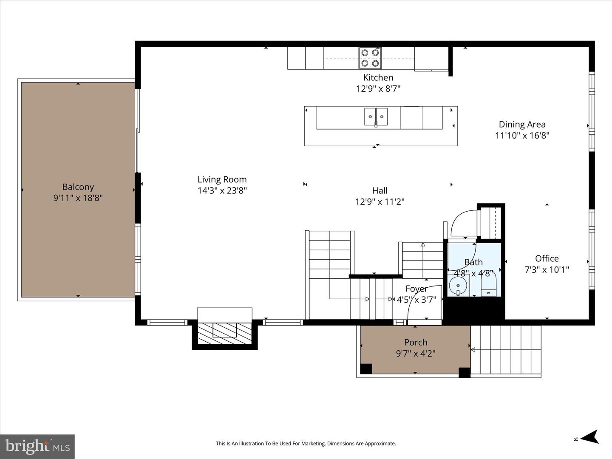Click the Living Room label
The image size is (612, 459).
pyautogui.click(x=222, y=179)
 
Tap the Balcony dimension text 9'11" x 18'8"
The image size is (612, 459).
pyautogui.click(x=78, y=198)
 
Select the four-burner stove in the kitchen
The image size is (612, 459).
pyautogui.click(x=370, y=58)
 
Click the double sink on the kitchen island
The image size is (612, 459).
pyautogui.click(x=376, y=117)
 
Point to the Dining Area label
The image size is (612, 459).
pyautogui.click(x=522, y=124)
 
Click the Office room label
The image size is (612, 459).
pyautogui.click(x=547, y=259)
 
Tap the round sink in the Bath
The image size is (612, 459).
pyautogui.click(x=458, y=286)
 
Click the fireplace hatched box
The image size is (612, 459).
pyautogui.click(x=225, y=334)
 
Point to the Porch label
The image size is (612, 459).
pyautogui.click(x=416, y=343)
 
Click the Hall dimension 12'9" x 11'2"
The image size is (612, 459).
pyautogui.click(x=380, y=202)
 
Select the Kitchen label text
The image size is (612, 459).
pyautogui.click(x=378, y=77)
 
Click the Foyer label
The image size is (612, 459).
pyautogui.click(x=416, y=289)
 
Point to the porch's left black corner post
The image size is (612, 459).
pyautogui.click(x=366, y=369)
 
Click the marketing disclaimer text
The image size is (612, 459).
pyautogui.click(x=306, y=443)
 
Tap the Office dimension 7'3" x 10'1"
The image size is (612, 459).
pyautogui.click(x=547, y=270)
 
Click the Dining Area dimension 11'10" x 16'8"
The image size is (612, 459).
pyautogui.click(x=522, y=136)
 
